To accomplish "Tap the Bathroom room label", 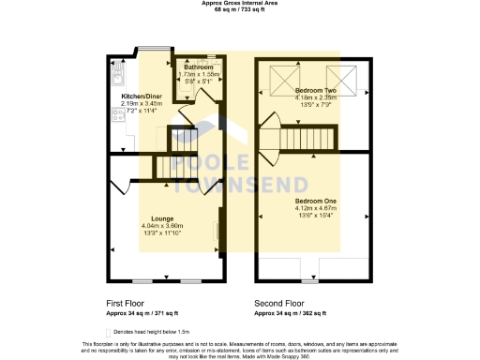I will click(x=197, y=67).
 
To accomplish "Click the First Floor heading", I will click(x=127, y=304).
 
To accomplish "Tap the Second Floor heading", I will click(x=279, y=304).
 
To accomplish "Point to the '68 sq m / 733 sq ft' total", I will click(x=240, y=10).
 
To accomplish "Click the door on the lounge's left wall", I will click(x=118, y=187).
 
